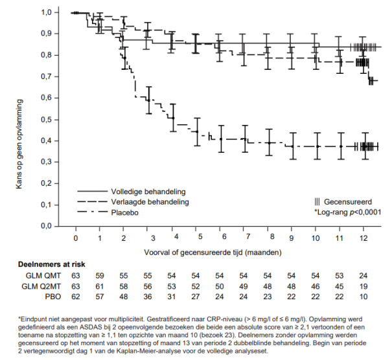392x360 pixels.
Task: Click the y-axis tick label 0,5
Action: point(49,120)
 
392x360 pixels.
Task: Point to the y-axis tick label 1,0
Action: point(49,12)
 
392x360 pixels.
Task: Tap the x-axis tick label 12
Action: point(365,239)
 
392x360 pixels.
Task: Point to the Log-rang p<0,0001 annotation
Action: point(347,212)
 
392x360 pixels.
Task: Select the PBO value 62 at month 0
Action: point(75,297)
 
